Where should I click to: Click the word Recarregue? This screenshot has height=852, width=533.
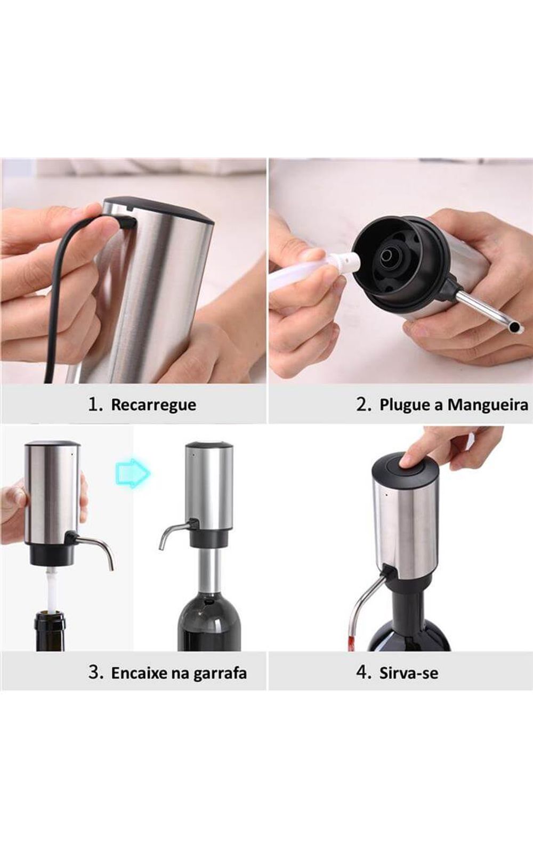point(154,404)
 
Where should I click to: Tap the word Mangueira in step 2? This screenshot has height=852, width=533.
point(488,404)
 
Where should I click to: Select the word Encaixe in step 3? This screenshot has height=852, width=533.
point(139,673)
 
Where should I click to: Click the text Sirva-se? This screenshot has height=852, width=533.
point(408,673)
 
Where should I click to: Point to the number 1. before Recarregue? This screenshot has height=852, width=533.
point(95,404)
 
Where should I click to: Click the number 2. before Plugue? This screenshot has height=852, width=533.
point(364,404)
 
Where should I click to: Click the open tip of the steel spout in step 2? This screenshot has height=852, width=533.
point(515,326)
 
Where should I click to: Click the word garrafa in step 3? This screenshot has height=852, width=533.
point(220,674)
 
